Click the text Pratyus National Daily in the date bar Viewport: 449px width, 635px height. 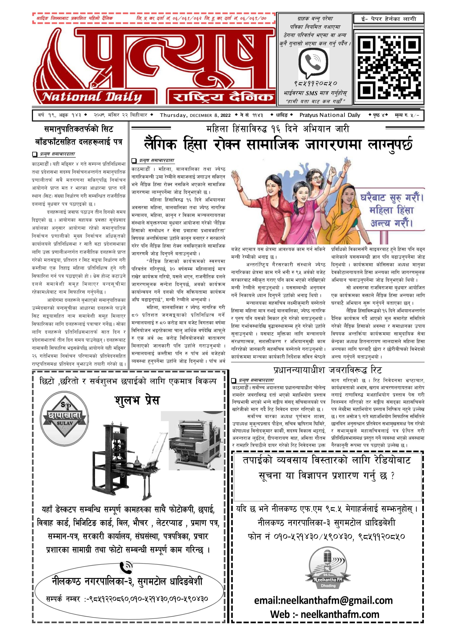(x=329, y=115)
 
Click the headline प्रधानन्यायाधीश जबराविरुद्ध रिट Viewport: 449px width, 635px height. (x=327, y=370)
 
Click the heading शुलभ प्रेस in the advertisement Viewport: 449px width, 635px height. (x=137, y=400)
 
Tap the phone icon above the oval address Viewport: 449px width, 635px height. (x=126, y=568)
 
